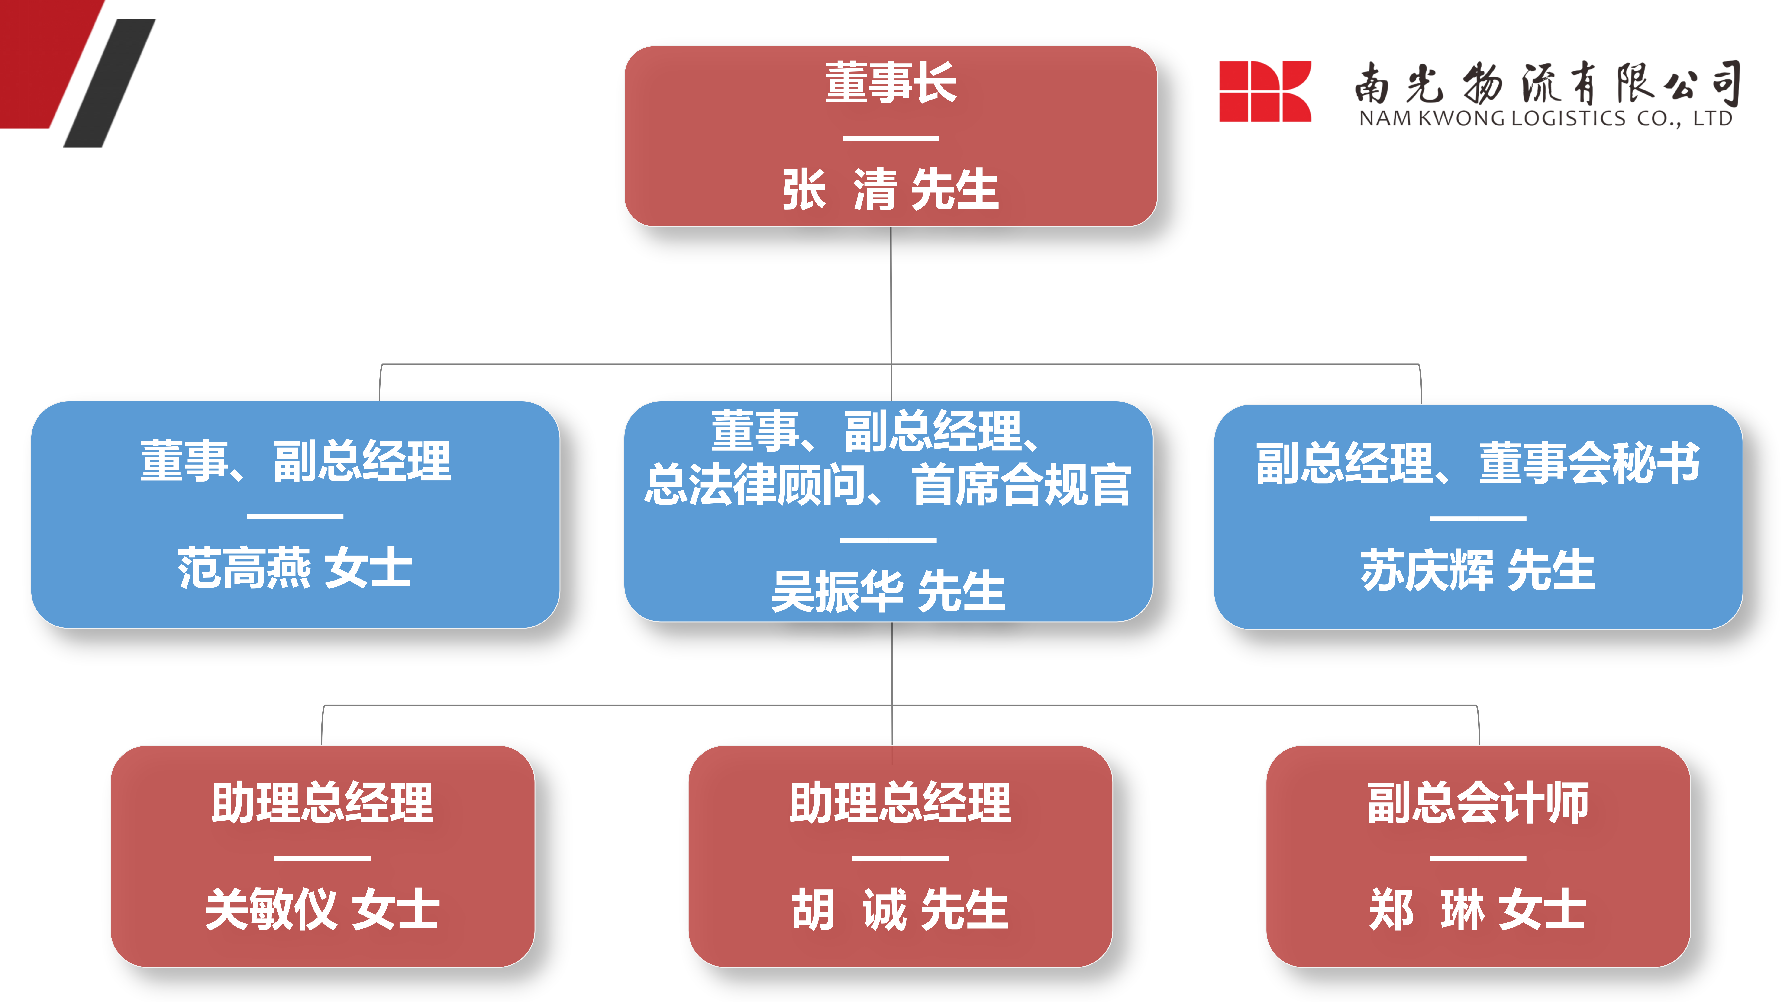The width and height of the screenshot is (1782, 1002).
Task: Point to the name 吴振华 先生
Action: (x=888, y=591)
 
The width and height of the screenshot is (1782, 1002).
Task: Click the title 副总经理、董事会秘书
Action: (x=1478, y=463)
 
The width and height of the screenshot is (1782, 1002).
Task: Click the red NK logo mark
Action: (x=1265, y=91)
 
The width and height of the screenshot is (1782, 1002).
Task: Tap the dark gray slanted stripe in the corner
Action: (x=109, y=83)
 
